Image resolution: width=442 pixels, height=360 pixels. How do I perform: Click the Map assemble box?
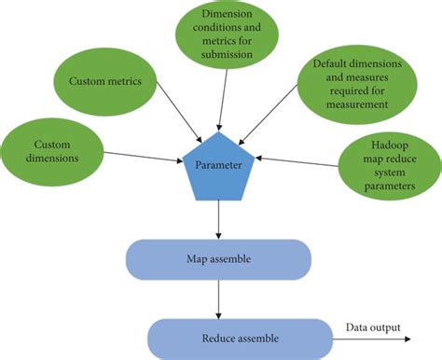[216, 258]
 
